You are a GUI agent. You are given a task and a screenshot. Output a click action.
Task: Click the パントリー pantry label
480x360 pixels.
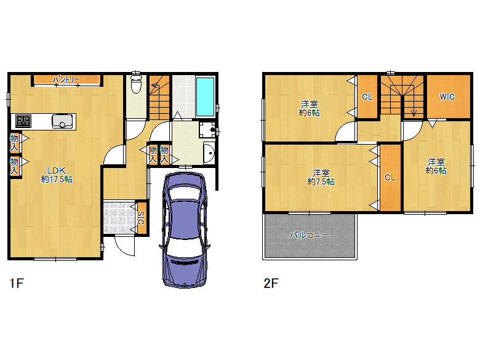point(66,80)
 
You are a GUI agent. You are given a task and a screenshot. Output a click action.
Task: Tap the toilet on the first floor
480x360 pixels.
point(135,82)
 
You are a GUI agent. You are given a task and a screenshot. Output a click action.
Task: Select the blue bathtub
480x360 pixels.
point(205,97)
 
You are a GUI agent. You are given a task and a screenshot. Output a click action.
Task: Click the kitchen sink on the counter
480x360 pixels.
point(63,121)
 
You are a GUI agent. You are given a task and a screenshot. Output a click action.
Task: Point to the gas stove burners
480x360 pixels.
point(23,121)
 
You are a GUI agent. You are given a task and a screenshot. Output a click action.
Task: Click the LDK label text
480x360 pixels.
point(56,170)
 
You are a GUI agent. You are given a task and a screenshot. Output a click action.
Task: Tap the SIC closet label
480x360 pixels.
point(141,218)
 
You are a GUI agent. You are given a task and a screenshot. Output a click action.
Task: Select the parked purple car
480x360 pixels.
point(185,230)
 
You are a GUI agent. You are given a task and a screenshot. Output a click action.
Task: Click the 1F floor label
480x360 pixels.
point(17,283)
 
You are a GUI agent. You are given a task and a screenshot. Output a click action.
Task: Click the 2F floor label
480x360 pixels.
point(271,283)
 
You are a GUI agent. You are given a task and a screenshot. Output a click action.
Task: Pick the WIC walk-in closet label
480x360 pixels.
point(447,97)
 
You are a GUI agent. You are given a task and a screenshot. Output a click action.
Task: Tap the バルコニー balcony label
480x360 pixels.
point(310,235)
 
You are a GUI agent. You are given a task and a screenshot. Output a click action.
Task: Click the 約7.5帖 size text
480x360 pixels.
point(321,182)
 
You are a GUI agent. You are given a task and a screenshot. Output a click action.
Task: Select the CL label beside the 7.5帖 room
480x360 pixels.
point(390,177)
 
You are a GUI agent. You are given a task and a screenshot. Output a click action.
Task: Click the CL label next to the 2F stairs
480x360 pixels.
point(367,97)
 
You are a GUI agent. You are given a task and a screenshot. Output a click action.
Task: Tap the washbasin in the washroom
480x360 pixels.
point(209,153)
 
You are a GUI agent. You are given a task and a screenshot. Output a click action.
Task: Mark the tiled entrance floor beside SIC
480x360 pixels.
point(119,218)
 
